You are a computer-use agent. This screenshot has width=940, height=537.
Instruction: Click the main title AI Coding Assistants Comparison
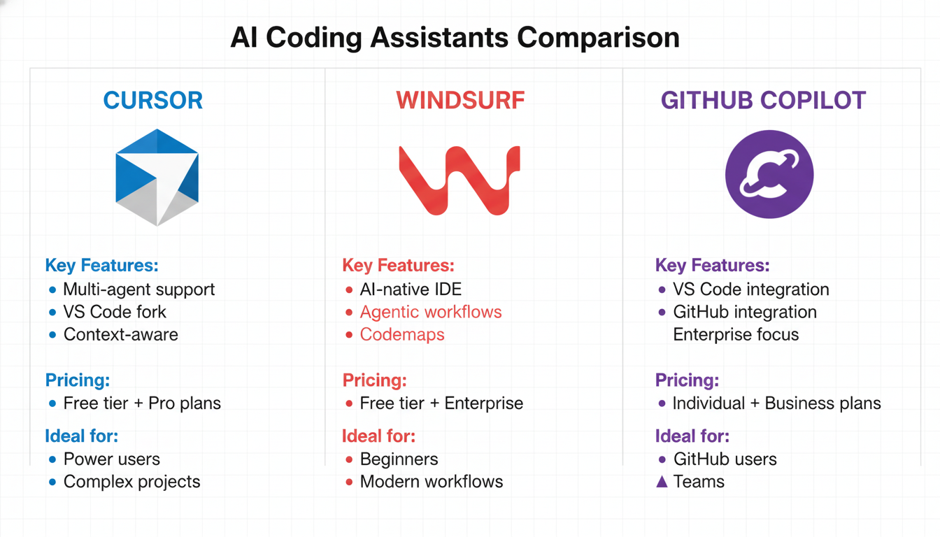click(455, 38)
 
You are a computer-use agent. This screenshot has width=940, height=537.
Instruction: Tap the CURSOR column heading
click(152, 101)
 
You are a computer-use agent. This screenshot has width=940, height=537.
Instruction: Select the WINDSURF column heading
click(460, 101)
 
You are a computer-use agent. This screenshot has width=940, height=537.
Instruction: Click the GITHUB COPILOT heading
click(763, 101)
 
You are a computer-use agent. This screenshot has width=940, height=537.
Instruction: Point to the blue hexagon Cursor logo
click(157, 177)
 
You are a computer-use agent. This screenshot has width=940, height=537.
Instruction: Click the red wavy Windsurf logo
click(459, 179)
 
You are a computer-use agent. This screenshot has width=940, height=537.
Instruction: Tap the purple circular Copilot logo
click(769, 175)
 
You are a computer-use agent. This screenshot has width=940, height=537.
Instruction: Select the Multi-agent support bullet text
click(138, 289)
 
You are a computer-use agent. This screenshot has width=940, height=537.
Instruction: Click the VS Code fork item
click(115, 312)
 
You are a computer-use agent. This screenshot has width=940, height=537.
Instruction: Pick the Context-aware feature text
click(120, 334)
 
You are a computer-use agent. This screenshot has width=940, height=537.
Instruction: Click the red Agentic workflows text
click(431, 312)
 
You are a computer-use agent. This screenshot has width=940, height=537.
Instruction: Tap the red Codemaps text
click(402, 334)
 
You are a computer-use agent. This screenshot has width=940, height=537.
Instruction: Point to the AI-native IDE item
click(411, 289)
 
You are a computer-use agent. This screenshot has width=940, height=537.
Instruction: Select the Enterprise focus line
click(736, 334)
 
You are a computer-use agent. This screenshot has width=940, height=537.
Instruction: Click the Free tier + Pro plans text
click(142, 403)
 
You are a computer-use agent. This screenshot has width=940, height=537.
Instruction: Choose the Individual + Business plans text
click(776, 403)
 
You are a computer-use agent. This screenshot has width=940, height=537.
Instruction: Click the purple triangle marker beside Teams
click(662, 482)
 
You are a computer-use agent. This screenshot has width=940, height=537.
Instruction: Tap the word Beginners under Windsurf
click(399, 459)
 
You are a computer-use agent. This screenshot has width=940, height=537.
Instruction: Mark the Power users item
click(112, 459)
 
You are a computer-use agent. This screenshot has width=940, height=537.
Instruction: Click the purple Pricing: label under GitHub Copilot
click(687, 380)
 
